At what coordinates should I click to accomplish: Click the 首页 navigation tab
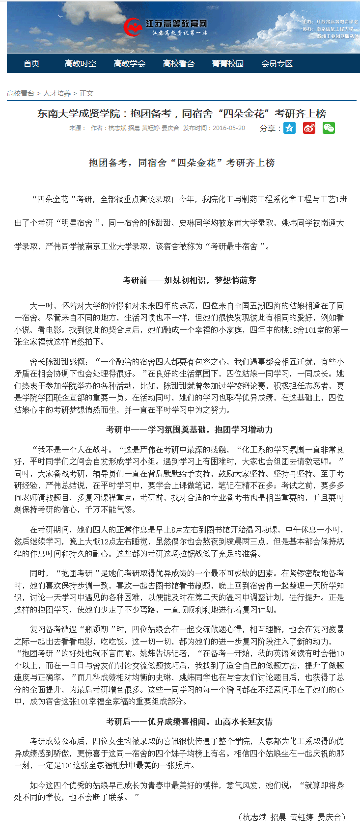click(31, 64)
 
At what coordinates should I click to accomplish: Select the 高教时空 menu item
click(81, 64)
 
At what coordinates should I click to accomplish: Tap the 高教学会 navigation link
click(130, 64)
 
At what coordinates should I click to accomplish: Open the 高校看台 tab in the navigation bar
click(179, 64)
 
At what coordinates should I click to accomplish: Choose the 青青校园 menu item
click(228, 64)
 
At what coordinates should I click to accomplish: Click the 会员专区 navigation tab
click(277, 64)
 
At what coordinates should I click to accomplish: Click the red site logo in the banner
click(133, 27)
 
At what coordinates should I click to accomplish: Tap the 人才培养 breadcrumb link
click(57, 93)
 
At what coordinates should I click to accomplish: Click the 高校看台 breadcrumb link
click(21, 93)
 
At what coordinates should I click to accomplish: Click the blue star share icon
click(290, 128)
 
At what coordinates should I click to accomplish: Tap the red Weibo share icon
click(309, 128)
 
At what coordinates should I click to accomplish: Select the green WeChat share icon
click(329, 128)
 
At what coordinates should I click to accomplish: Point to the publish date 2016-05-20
click(229, 128)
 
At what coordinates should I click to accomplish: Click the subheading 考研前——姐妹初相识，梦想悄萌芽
click(189, 280)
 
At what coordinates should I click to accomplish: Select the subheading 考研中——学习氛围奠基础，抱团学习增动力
click(189, 430)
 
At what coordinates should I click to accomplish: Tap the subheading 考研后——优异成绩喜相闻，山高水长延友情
click(189, 722)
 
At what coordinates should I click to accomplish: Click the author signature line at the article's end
click(292, 817)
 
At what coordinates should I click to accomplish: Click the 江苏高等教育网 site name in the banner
click(176, 24)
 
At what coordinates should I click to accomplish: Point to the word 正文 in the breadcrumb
click(86, 93)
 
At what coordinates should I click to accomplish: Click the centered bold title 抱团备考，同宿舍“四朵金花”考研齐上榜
click(182, 163)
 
